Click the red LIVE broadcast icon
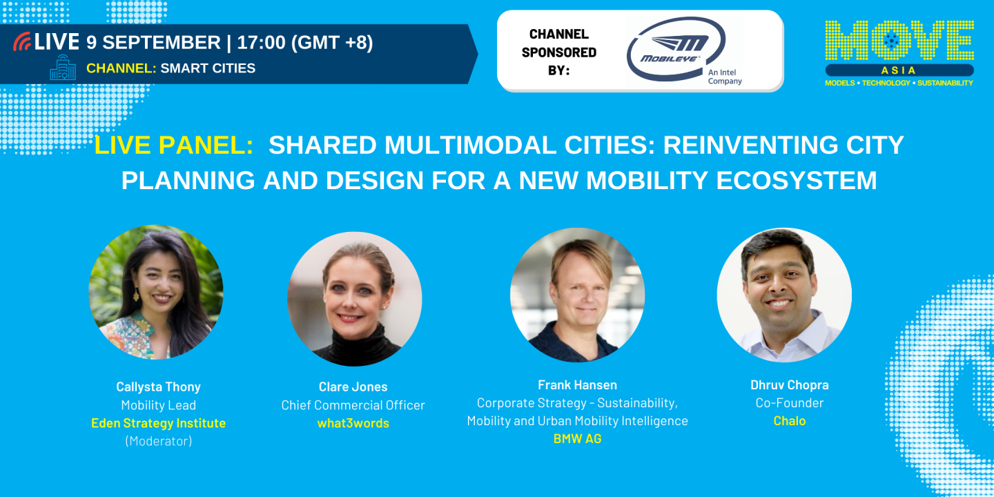coord(22,41)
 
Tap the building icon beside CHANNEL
coord(63,68)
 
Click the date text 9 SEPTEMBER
coord(153,42)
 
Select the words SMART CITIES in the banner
coord(208,68)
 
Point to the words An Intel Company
coord(724,77)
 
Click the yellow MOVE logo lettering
coord(899,41)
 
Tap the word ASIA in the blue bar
coord(899,70)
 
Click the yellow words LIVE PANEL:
coord(173,145)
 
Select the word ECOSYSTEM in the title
coord(797,180)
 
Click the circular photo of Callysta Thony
coord(156,292)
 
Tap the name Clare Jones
coord(353,387)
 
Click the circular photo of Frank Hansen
coord(577,295)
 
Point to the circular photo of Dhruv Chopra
coord(784,295)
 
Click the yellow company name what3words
coord(353,423)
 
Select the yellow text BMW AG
coord(577,438)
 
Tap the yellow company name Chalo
coord(789,420)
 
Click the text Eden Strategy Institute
coord(158,423)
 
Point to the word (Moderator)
coord(158,440)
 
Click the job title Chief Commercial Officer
coord(353,405)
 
